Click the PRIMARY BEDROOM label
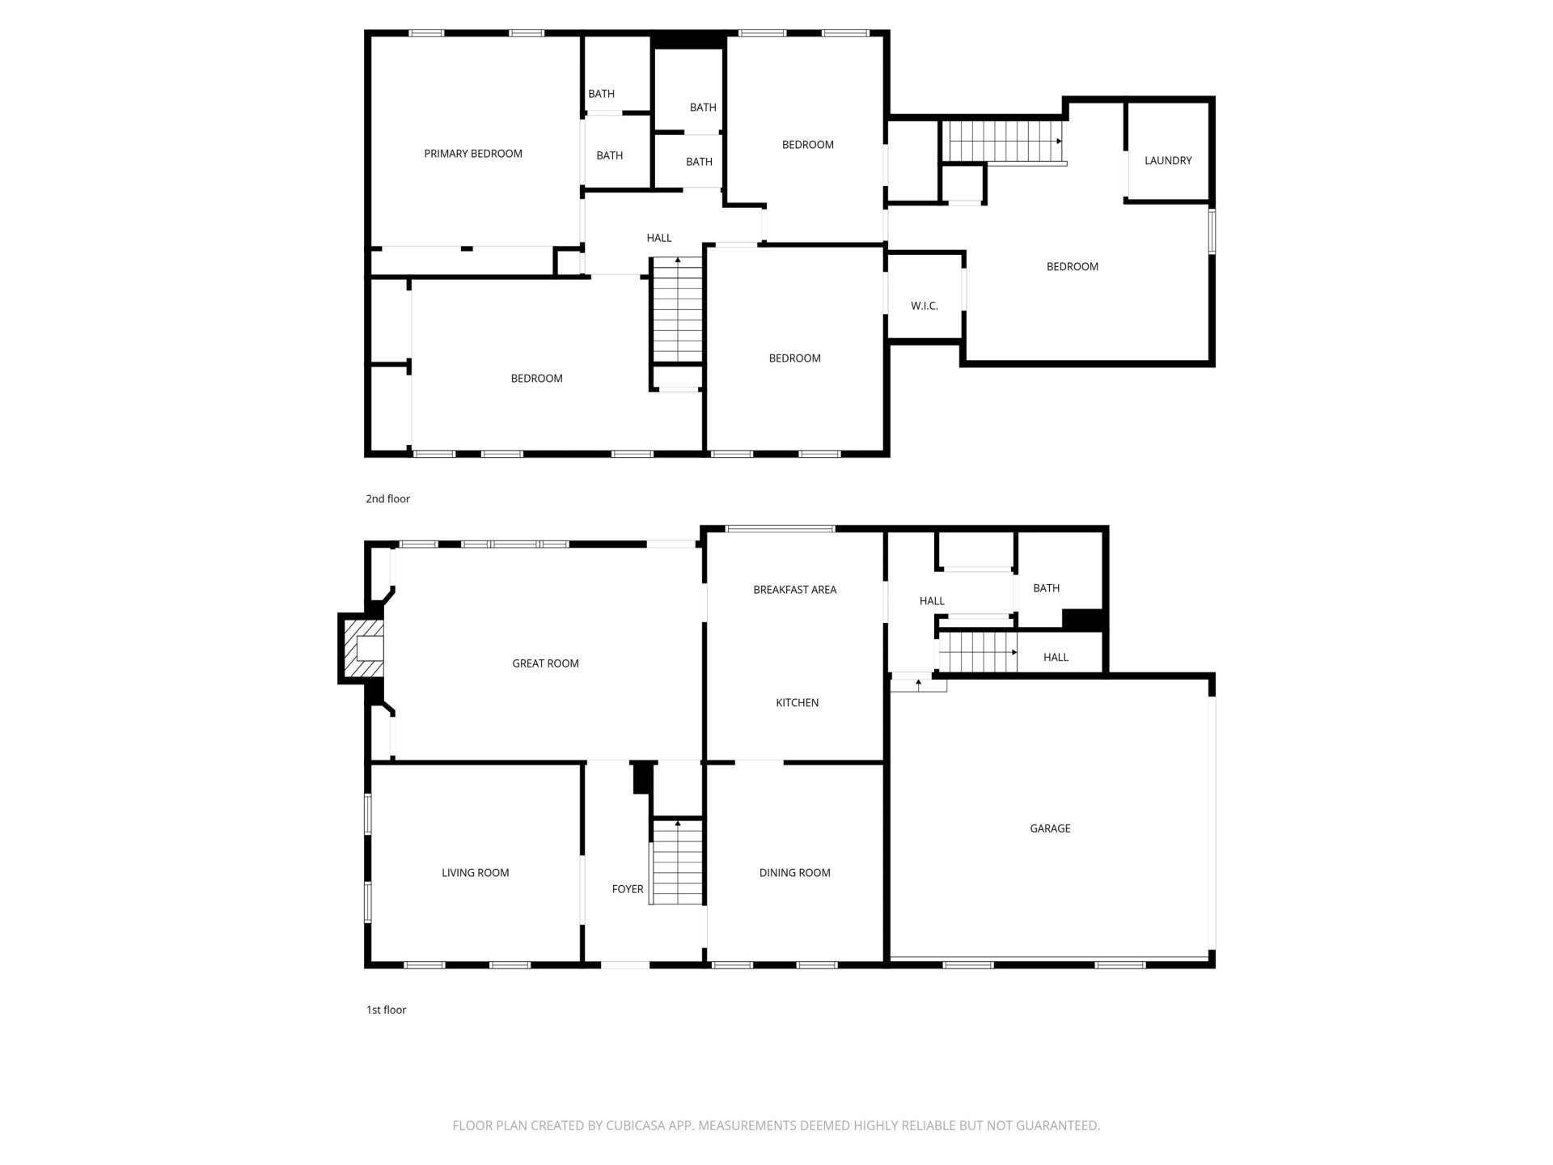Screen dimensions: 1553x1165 pyautogui.click(x=473, y=154)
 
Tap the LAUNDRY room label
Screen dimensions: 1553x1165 pyautogui.click(x=1168, y=161)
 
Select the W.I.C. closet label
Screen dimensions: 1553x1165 pyautogui.click(x=925, y=306)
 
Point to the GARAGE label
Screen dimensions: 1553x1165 pyautogui.click(x=1050, y=828)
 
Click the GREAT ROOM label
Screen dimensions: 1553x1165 pyautogui.click(x=545, y=663)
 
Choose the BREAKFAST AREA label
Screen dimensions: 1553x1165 pyautogui.click(x=794, y=590)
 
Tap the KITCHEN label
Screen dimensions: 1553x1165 pyautogui.click(x=797, y=703)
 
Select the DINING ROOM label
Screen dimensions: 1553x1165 pyautogui.click(x=794, y=873)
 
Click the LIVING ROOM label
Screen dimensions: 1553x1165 pyautogui.click(x=475, y=873)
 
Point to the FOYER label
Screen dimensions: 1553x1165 pyautogui.click(x=627, y=889)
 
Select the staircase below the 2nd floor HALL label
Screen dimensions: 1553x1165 pyautogui.click(x=678, y=309)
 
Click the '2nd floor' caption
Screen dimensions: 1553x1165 pyautogui.click(x=387, y=499)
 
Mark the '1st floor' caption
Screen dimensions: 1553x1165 pyautogui.click(x=386, y=1010)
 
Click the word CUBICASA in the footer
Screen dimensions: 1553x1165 pyautogui.click(x=638, y=1125)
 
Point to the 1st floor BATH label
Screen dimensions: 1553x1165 pyautogui.click(x=1046, y=588)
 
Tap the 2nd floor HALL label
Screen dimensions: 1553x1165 pyautogui.click(x=659, y=238)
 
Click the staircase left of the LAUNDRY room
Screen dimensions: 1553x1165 pyautogui.click(x=1005, y=142)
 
